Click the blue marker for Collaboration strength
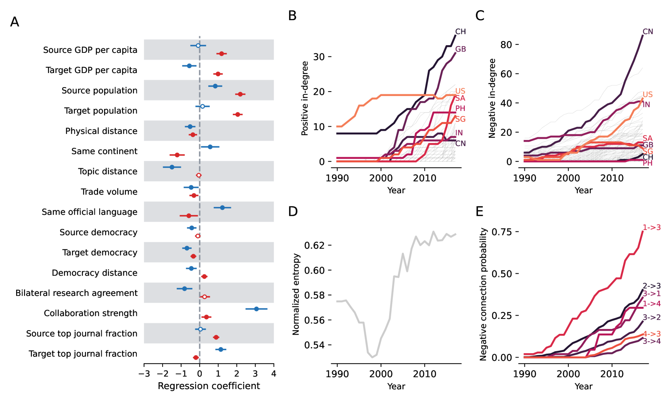click(x=256, y=309)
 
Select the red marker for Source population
click(x=240, y=94)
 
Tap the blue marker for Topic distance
click(x=172, y=167)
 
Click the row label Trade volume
click(x=109, y=192)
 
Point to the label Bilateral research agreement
click(x=76, y=293)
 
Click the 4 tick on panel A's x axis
click(x=273, y=374)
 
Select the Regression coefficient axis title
click(x=209, y=386)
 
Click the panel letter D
click(x=293, y=212)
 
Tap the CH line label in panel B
click(x=460, y=31)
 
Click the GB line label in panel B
click(x=460, y=49)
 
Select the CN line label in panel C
click(x=648, y=31)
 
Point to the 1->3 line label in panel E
click(x=651, y=227)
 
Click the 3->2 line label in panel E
click(x=651, y=317)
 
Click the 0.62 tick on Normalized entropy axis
click(x=315, y=246)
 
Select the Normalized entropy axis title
click(x=296, y=294)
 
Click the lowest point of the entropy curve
click(x=372, y=357)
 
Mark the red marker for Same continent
click(x=177, y=155)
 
